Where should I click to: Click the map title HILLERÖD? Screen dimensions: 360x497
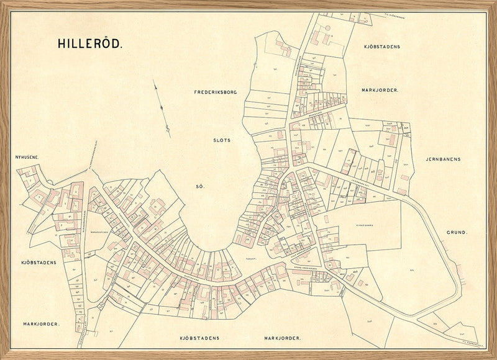click(x=91, y=44)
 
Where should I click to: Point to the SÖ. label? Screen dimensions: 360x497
click(x=200, y=186)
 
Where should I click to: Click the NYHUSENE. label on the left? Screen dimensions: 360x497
click(x=27, y=158)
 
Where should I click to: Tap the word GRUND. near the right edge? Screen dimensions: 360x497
click(x=457, y=233)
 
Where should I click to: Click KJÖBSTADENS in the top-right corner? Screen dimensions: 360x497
click(x=382, y=47)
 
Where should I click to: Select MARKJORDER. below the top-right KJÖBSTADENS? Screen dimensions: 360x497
click(x=380, y=90)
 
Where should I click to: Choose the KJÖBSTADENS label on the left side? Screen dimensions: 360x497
click(x=39, y=263)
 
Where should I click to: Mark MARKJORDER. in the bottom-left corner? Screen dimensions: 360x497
click(x=41, y=324)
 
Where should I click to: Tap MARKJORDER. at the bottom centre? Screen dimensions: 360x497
click(x=282, y=338)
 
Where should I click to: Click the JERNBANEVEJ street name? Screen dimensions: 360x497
click(x=360, y=182)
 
